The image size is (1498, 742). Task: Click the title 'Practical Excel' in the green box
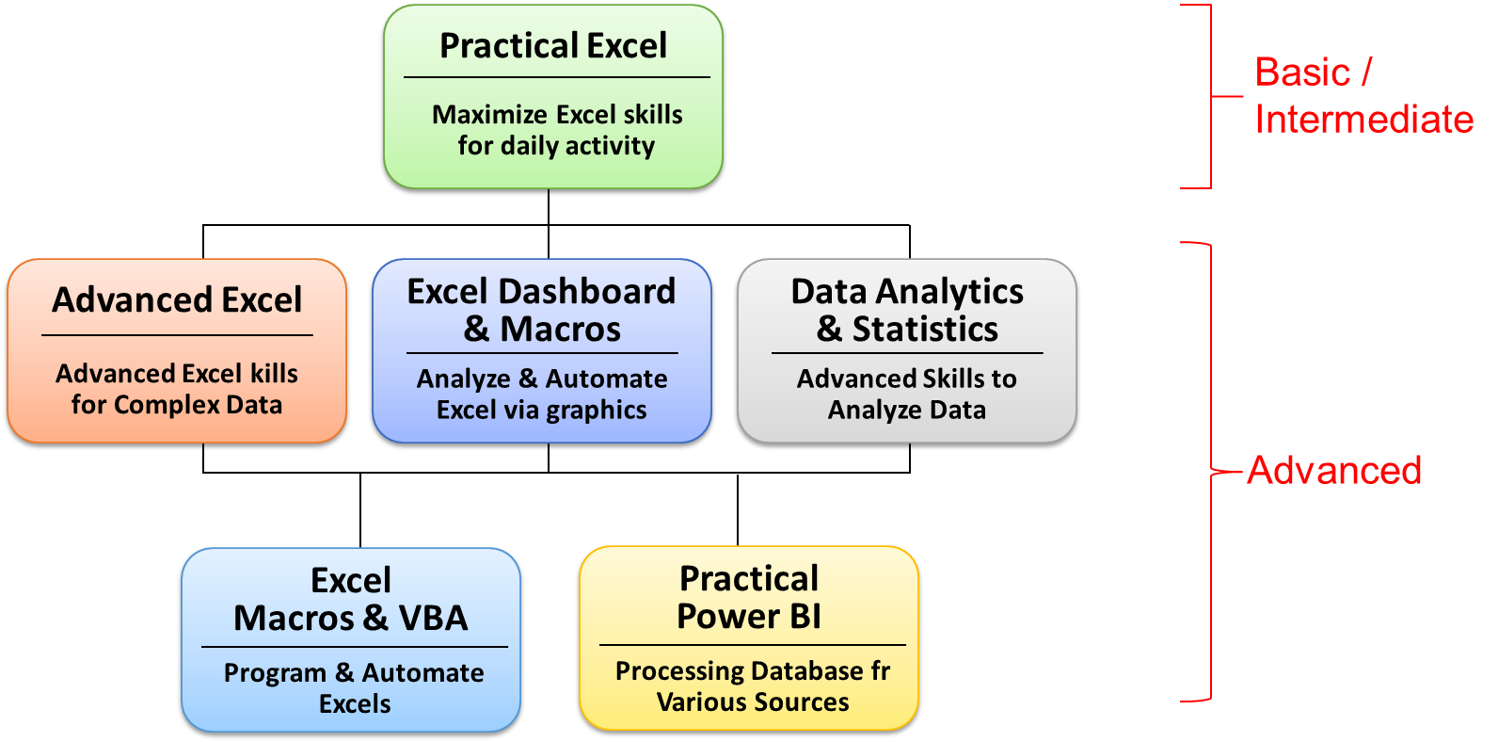coord(553,45)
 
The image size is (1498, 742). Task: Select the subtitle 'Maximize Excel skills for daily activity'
coord(557,130)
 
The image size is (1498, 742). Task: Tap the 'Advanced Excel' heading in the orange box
coord(177,299)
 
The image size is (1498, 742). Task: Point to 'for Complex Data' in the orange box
coord(177,405)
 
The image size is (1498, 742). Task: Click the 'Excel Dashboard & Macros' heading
coord(542,310)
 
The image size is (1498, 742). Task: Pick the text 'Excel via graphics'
coord(542,411)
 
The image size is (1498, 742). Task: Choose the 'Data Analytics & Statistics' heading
coord(907,310)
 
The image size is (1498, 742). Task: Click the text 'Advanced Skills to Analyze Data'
coord(907,394)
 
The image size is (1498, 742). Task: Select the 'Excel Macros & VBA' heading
coord(351,599)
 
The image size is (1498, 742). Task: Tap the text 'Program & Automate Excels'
coord(354,687)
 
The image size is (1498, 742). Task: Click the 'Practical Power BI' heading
coord(749,597)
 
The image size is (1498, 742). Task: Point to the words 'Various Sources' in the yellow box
coord(753,702)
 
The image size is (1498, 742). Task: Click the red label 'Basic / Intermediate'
coord(1363,96)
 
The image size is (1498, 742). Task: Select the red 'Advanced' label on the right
coord(1334,470)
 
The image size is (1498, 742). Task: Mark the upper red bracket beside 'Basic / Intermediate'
coord(1210,96)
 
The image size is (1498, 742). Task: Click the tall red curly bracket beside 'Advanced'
coord(1211,472)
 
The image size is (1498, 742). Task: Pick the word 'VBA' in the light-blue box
coord(433,618)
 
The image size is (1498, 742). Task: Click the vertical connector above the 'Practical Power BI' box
coord(738,509)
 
